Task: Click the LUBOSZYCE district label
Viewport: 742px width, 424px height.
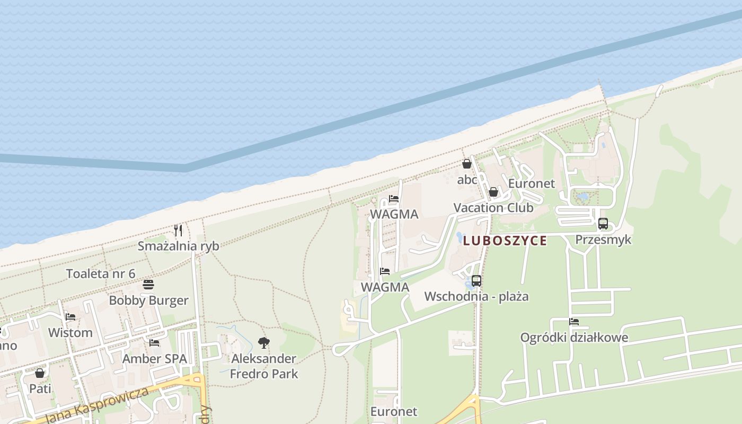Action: point(505,241)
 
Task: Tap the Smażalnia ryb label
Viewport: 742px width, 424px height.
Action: point(178,246)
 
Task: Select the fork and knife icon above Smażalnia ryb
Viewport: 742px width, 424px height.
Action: point(178,231)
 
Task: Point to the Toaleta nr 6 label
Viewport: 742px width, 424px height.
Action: point(101,273)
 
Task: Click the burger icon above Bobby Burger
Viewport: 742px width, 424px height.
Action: point(148,285)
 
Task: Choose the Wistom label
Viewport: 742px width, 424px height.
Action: point(70,333)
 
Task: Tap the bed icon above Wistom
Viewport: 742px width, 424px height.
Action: point(70,317)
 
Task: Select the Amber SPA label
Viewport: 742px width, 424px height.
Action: point(154,359)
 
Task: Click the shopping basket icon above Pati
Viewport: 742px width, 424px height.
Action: point(40,373)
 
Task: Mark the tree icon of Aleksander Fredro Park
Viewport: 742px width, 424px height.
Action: point(263,342)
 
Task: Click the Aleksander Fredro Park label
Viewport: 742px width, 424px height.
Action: point(263,366)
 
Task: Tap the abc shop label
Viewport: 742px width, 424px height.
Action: point(467,180)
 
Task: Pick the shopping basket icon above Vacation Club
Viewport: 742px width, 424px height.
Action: point(493,192)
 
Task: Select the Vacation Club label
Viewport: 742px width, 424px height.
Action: point(493,208)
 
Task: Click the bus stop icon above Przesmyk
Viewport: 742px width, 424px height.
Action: point(603,224)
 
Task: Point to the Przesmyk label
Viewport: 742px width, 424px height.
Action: point(603,240)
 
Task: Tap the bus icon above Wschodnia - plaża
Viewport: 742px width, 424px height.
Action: point(476,281)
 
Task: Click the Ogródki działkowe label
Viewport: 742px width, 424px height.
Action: point(574,338)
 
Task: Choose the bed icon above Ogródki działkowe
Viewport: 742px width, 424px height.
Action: point(574,322)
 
